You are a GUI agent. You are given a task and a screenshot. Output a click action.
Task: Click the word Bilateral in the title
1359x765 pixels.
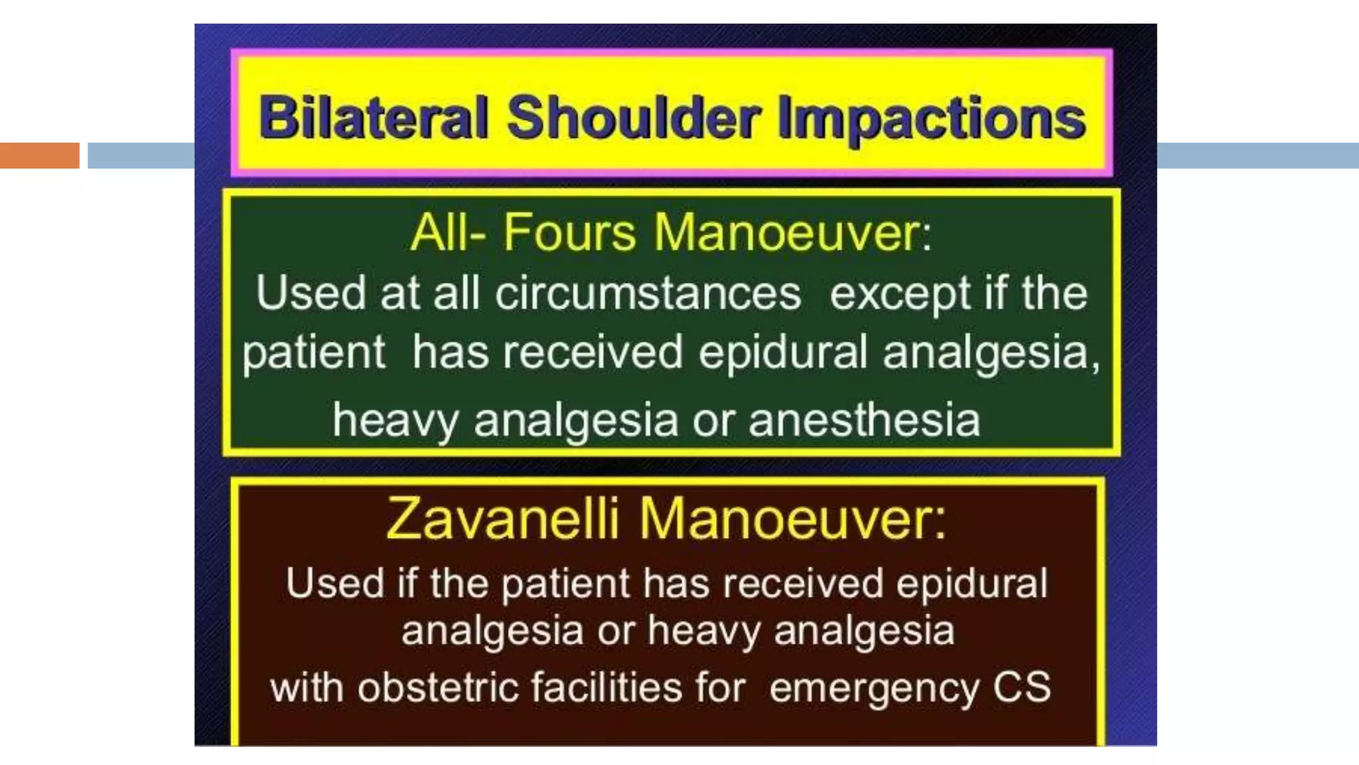pyautogui.click(x=374, y=118)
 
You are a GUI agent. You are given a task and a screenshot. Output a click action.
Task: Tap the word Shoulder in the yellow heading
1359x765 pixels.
pyautogui.click(x=633, y=118)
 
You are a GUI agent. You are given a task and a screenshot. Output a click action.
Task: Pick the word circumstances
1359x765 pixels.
pyautogui.click(x=648, y=293)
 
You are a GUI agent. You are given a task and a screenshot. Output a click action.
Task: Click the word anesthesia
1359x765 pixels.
pyautogui.click(x=864, y=420)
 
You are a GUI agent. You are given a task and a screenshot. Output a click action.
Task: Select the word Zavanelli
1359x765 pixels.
pyautogui.click(x=502, y=518)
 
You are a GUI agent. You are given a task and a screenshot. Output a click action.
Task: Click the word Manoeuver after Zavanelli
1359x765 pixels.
pyautogui.click(x=793, y=518)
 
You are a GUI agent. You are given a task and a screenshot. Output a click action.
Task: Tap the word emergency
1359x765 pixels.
pyautogui.click(x=874, y=688)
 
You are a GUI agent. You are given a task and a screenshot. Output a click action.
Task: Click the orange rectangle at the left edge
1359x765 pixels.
pyautogui.click(x=39, y=155)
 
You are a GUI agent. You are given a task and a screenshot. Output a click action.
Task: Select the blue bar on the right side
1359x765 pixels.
pyautogui.click(x=1257, y=155)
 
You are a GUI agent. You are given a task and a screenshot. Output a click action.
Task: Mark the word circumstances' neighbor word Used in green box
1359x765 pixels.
pyautogui.click(x=311, y=293)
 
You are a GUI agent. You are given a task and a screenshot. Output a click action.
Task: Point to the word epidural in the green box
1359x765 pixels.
pyautogui.click(x=783, y=352)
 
